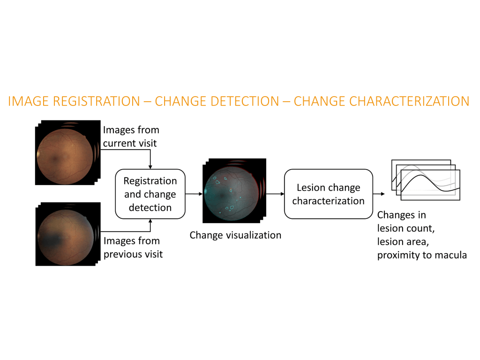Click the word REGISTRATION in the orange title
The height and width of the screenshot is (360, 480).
pyautogui.click(x=97, y=101)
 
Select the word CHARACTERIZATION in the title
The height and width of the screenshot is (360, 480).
pyautogui.click(x=409, y=101)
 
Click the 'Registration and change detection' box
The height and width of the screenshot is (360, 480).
pyautogui.click(x=150, y=194)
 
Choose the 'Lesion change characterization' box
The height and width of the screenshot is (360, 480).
pyautogui.click(x=329, y=194)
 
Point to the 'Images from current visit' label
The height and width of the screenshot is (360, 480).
pyautogui.click(x=131, y=136)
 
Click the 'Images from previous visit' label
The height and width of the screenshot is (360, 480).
pyautogui.click(x=133, y=247)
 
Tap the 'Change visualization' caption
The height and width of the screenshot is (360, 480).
pyautogui.click(x=235, y=235)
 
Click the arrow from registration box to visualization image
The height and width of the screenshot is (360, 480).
pyautogui.click(x=194, y=194)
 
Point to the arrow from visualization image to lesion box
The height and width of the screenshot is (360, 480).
pyautogui.click(x=275, y=194)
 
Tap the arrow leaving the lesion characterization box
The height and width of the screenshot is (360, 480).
pyautogui.click(x=379, y=194)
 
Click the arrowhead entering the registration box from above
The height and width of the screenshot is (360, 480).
pyautogui.click(x=150, y=167)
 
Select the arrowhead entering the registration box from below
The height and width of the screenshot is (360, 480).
pyautogui.click(x=150, y=221)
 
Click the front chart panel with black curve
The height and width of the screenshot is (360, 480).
pyautogui.click(x=430, y=185)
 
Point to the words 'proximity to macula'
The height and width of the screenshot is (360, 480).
pyautogui.click(x=422, y=255)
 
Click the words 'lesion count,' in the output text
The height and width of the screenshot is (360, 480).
pyautogui.click(x=406, y=228)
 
